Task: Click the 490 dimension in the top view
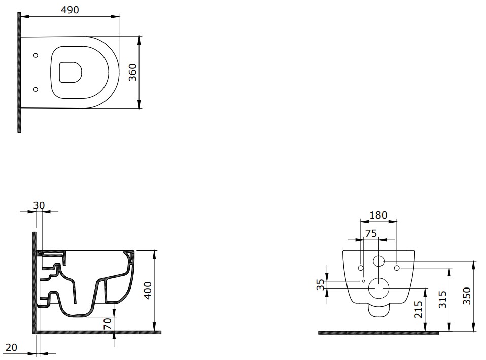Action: pos(71,10)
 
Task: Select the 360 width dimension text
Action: pos(132,72)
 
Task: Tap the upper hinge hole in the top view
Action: pos(36,55)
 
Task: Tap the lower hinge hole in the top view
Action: pos(36,89)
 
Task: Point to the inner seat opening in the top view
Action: pos(70,72)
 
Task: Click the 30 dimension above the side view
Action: pos(39,205)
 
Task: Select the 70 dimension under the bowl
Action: pos(107,323)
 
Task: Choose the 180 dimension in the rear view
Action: pos(378,215)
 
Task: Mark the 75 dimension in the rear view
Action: pos(371,233)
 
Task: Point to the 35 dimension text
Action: pos(320,284)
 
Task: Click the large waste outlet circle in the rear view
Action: pos(378,287)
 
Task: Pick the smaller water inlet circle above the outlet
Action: pos(378,262)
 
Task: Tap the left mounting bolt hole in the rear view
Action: pos(361,267)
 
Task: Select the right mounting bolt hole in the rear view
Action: pos(397,267)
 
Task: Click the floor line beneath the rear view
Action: pos(378,333)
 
